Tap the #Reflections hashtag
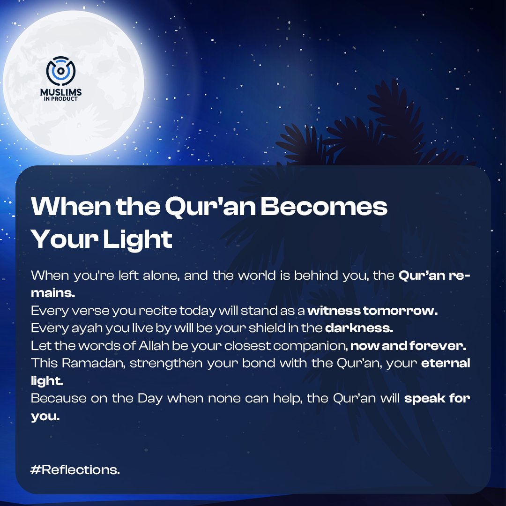pyautogui.click(x=75, y=470)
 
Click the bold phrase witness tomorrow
pyautogui.click(x=372, y=311)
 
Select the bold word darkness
pyautogui.click(x=359, y=328)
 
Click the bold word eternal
pyautogui.click(x=446, y=364)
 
